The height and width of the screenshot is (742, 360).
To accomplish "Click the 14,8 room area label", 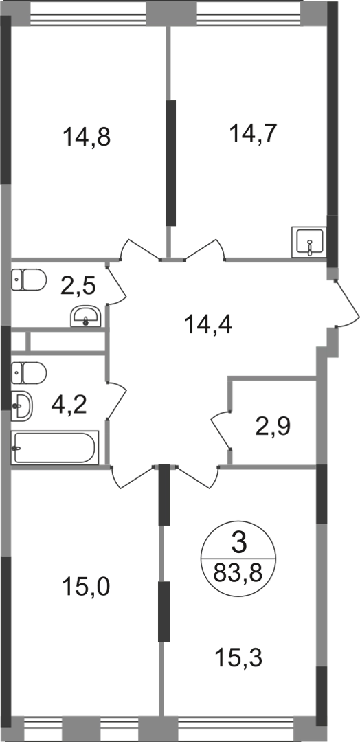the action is (x=87, y=138).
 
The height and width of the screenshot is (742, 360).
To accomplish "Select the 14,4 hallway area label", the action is (x=209, y=325).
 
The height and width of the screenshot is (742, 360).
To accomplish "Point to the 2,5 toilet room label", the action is (x=78, y=286).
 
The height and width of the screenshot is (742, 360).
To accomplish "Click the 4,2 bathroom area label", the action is (x=69, y=405).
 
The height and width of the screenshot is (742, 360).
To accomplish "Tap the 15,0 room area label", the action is (x=87, y=587).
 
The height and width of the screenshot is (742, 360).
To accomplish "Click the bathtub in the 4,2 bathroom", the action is (x=55, y=447).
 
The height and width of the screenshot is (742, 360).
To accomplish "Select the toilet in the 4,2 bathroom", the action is (x=28, y=373).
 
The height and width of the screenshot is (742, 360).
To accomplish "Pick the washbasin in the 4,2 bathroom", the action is (x=22, y=406).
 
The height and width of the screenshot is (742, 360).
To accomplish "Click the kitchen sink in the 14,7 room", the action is (x=309, y=242).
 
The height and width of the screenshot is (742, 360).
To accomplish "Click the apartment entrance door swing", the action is (x=348, y=304).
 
